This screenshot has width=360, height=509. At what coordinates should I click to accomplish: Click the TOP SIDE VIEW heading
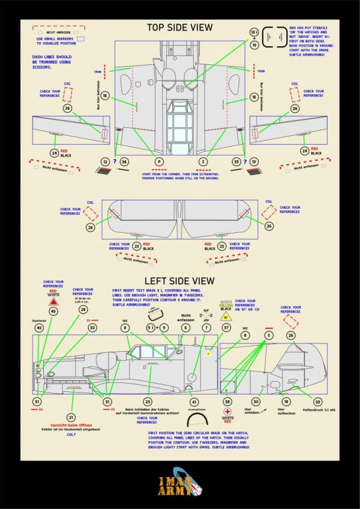(179, 28)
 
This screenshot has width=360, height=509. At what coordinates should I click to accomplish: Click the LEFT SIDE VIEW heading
(180, 281)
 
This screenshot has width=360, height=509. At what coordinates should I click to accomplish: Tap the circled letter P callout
(159, 162)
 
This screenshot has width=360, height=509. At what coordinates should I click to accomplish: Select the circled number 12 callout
(106, 162)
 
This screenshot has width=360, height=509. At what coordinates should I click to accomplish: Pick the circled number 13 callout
(254, 162)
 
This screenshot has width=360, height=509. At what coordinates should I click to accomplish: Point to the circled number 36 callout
(124, 162)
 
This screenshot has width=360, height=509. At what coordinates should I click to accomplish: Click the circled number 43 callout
(53, 311)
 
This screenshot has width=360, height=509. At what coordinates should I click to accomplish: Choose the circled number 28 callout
(83, 309)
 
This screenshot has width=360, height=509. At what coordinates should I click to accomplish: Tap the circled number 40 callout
(39, 328)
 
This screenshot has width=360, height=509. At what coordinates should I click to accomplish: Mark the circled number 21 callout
(71, 417)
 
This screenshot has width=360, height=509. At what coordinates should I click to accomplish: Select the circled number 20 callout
(148, 402)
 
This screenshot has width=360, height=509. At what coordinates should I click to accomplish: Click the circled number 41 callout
(193, 402)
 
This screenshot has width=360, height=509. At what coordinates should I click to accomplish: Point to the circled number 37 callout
(226, 328)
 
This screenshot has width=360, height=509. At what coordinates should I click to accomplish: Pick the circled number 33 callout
(317, 402)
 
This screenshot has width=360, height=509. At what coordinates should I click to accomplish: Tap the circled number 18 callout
(286, 402)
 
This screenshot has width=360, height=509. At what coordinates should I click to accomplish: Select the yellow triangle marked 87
(226, 316)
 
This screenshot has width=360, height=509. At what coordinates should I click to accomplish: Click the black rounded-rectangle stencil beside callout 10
(277, 35)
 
